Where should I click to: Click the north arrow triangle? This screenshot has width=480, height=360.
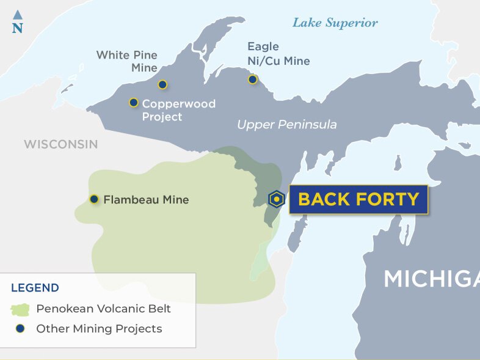pyautogui.click(x=17, y=14)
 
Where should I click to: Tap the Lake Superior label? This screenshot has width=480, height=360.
pyautogui.click(x=335, y=23)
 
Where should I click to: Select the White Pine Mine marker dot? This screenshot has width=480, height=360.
pyautogui.click(x=162, y=85)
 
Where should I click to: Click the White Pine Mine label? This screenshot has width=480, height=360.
pyautogui.click(x=127, y=62)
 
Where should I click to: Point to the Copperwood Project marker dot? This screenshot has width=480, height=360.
pyautogui.click(x=134, y=103)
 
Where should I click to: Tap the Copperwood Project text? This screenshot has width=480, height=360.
pyautogui.click(x=178, y=110)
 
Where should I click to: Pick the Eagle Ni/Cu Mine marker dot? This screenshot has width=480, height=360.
pyautogui.click(x=252, y=79)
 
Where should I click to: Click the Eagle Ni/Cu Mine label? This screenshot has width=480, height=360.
pyautogui.click(x=278, y=54)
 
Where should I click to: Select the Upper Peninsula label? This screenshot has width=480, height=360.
pyautogui.click(x=286, y=125)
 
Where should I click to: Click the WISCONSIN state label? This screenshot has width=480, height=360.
pyautogui.click(x=60, y=144)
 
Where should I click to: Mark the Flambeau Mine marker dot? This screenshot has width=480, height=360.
pyautogui.click(x=94, y=199)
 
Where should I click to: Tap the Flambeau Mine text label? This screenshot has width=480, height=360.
pyautogui.click(x=146, y=200)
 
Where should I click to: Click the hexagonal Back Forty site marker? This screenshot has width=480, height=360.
pyautogui.click(x=277, y=199)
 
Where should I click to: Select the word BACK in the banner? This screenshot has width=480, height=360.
pyautogui.click(x=324, y=199)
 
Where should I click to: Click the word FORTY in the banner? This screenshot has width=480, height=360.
pyautogui.click(x=389, y=199)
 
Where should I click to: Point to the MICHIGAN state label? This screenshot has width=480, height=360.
pyautogui.click(x=431, y=279)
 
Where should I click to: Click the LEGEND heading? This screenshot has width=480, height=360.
pyautogui.click(x=35, y=288)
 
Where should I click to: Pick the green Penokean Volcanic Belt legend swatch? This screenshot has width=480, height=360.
pyautogui.click(x=21, y=309)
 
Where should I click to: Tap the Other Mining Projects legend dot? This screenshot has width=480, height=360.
pyautogui.click(x=21, y=329)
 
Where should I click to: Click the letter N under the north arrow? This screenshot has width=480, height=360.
pyautogui.click(x=17, y=28)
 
